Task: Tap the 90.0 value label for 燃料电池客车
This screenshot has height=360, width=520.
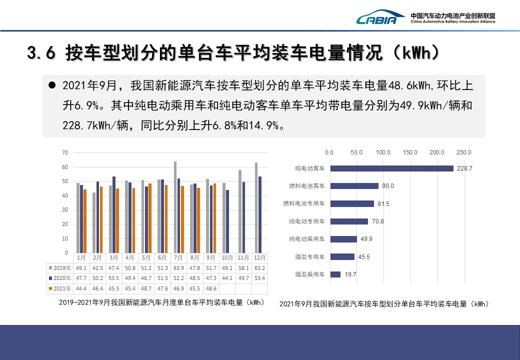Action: [x=388, y=186]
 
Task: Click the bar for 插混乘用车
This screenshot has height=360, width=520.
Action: [x=335, y=274]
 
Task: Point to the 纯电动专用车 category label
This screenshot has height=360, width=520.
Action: [x=306, y=221]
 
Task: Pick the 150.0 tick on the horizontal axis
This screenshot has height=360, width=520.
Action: [x=410, y=152]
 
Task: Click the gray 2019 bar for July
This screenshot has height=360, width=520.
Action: [x=175, y=207]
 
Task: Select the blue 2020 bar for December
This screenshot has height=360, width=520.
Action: [x=260, y=214]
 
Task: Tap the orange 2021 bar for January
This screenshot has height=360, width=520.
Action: [x=85, y=221]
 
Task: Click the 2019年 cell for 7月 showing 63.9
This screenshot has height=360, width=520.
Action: [x=178, y=268]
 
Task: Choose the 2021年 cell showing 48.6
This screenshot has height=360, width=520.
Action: [x=211, y=288]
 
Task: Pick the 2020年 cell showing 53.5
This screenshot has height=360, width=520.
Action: [x=113, y=278]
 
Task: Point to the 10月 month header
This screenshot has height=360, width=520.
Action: [x=227, y=258]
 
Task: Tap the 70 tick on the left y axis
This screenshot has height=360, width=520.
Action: [x=65, y=152]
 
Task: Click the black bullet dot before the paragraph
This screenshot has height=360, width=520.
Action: [x=51, y=85]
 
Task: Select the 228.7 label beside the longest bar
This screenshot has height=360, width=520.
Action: [x=464, y=168]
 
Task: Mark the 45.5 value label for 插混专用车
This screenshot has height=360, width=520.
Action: [x=363, y=257]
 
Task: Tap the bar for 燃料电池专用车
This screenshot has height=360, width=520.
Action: [x=351, y=204]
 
